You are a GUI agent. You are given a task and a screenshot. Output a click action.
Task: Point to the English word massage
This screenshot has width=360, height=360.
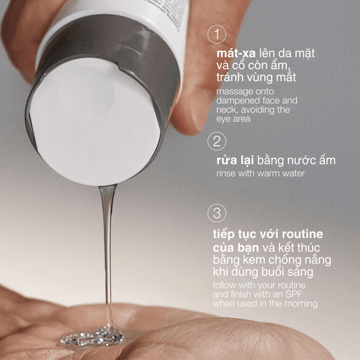[x=236, y=91]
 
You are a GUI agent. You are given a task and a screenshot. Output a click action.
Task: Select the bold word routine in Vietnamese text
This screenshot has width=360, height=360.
[x=301, y=234]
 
